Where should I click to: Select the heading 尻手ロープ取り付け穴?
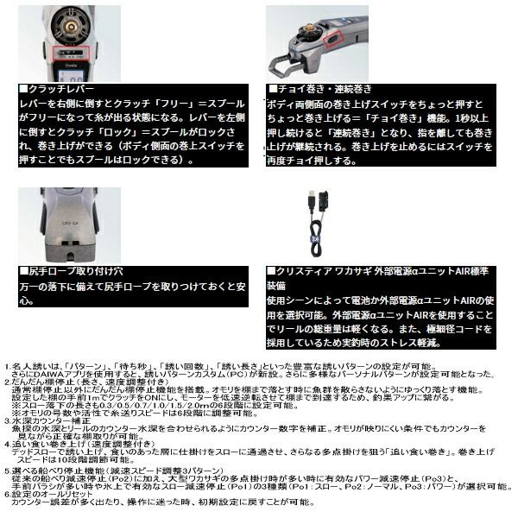point(73,272)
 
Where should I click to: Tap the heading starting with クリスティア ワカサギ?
point(371,272)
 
